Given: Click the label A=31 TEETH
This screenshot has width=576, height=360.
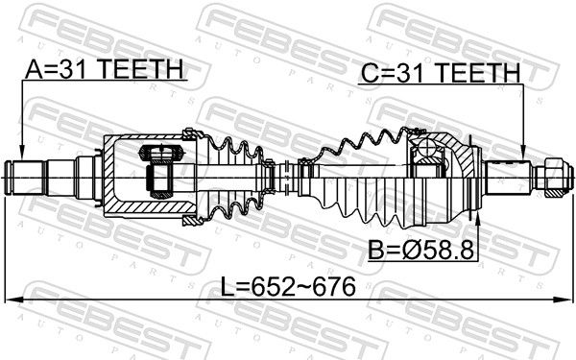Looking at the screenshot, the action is (105, 69).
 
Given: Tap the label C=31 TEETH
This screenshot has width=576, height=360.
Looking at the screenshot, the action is (441, 73).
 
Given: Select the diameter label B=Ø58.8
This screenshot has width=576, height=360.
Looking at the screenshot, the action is (421, 251).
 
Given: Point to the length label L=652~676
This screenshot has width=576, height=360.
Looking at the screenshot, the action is (288, 286).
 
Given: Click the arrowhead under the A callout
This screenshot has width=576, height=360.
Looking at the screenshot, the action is (22, 153).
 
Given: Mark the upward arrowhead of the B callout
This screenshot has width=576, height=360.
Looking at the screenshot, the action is (478, 220).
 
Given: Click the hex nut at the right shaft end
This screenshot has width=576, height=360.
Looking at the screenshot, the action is (553, 178).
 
